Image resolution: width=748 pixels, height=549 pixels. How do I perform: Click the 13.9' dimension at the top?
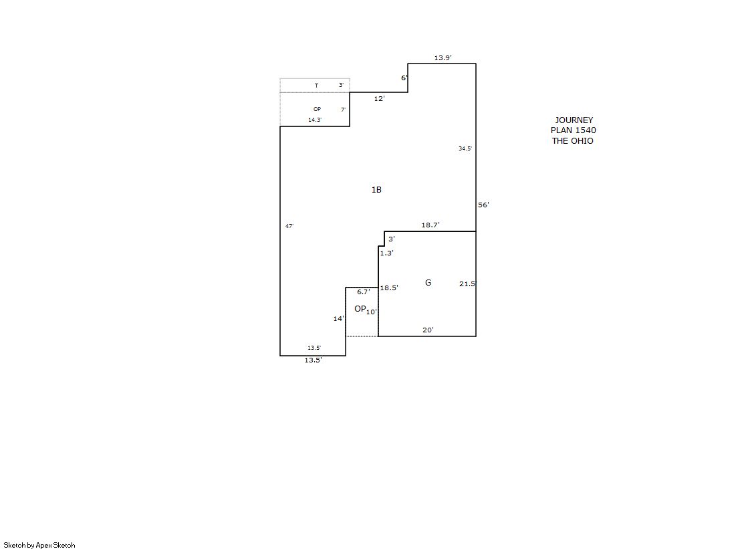click(x=443, y=58)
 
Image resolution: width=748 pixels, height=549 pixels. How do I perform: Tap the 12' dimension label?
click(x=379, y=99)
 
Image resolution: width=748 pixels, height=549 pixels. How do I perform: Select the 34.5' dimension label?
click(x=465, y=148)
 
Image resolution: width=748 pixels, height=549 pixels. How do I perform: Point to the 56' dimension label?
click(x=484, y=205)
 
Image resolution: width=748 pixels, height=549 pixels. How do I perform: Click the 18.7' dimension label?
click(x=430, y=225)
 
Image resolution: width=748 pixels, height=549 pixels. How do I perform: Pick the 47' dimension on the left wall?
click(x=289, y=226)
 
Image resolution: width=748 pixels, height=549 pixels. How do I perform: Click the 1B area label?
click(x=376, y=189)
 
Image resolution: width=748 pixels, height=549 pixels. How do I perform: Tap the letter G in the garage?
click(x=428, y=283)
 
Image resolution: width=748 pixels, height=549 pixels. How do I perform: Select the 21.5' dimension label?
click(x=467, y=284)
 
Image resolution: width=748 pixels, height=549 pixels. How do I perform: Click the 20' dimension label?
click(x=428, y=330)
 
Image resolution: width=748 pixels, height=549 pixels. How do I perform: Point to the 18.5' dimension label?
click(x=389, y=288)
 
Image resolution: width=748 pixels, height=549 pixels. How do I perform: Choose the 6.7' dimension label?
click(x=364, y=292)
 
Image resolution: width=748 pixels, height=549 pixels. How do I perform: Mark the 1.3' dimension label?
click(x=386, y=253)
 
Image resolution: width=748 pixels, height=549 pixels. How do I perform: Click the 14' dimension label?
click(x=339, y=318)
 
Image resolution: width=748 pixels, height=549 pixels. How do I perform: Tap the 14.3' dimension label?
click(x=315, y=120)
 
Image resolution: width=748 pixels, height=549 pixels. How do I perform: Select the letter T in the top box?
click(x=316, y=86)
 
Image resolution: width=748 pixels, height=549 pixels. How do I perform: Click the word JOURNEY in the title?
click(x=574, y=120)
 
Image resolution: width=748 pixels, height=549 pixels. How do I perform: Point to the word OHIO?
click(x=582, y=141)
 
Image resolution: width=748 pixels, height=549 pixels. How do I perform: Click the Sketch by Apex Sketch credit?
click(x=39, y=545)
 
